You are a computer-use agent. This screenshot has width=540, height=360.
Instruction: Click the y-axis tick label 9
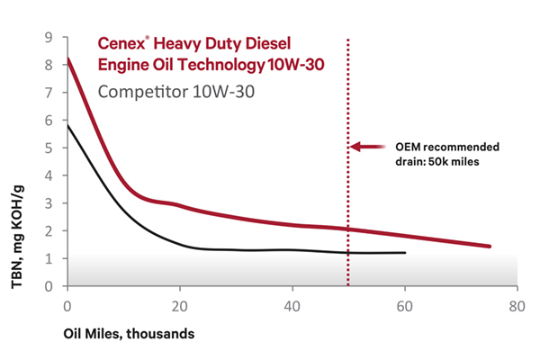(x=49, y=37)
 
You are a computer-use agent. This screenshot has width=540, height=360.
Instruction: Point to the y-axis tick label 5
(x=49, y=148)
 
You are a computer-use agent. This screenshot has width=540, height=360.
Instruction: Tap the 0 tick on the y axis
(x=49, y=286)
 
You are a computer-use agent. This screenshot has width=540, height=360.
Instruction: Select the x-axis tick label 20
(x=179, y=306)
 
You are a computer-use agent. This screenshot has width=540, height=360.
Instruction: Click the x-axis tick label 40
(x=292, y=306)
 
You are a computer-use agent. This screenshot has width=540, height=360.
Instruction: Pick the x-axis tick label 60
(x=404, y=306)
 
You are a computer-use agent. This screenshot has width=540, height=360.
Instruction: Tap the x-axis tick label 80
(x=517, y=306)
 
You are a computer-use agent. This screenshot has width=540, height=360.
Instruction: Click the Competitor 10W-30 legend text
(x=167, y=92)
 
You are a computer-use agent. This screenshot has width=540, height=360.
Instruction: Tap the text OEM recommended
(x=446, y=146)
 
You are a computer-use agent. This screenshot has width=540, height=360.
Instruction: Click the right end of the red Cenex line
(x=490, y=246)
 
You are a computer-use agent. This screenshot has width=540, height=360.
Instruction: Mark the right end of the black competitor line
(x=405, y=253)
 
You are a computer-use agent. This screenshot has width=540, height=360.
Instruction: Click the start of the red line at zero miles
(x=67, y=59)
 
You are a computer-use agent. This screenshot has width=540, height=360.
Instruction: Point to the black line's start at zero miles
(x=67, y=125)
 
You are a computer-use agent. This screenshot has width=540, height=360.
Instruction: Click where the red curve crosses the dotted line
(x=348, y=229)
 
